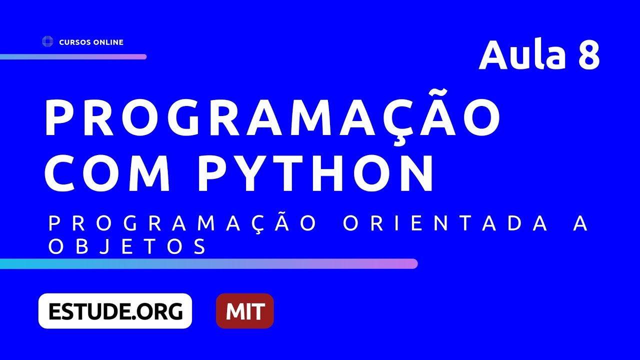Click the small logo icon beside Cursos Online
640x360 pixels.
pyautogui.click(x=47, y=42)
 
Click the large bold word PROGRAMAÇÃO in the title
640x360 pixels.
pyautogui.click(x=272, y=118)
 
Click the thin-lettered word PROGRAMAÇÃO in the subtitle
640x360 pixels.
pyautogui.click(x=183, y=224)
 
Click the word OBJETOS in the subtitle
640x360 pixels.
pyautogui.click(x=127, y=246)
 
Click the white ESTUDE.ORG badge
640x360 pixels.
pyautogui.click(x=115, y=311)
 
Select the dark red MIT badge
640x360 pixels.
pyautogui.click(x=244, y=311)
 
